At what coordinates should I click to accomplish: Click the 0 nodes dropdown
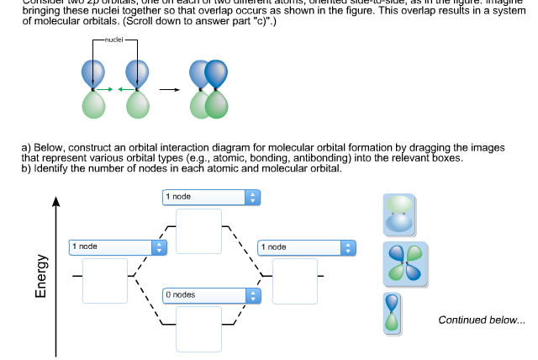211,295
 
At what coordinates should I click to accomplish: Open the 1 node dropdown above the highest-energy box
211,196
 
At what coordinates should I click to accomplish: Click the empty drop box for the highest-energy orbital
198,230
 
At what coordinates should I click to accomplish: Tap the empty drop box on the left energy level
105,280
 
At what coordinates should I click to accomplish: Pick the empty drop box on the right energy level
294,280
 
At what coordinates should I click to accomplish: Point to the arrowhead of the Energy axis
56,203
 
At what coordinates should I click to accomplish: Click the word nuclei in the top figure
116,40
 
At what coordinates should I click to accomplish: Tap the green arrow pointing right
103,89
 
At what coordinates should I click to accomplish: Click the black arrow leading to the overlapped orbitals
169,89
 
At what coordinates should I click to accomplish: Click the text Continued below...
481,320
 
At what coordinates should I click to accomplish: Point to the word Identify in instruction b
51,168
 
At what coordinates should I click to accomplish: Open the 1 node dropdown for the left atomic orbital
118,246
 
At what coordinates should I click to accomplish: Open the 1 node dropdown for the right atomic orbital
307,246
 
